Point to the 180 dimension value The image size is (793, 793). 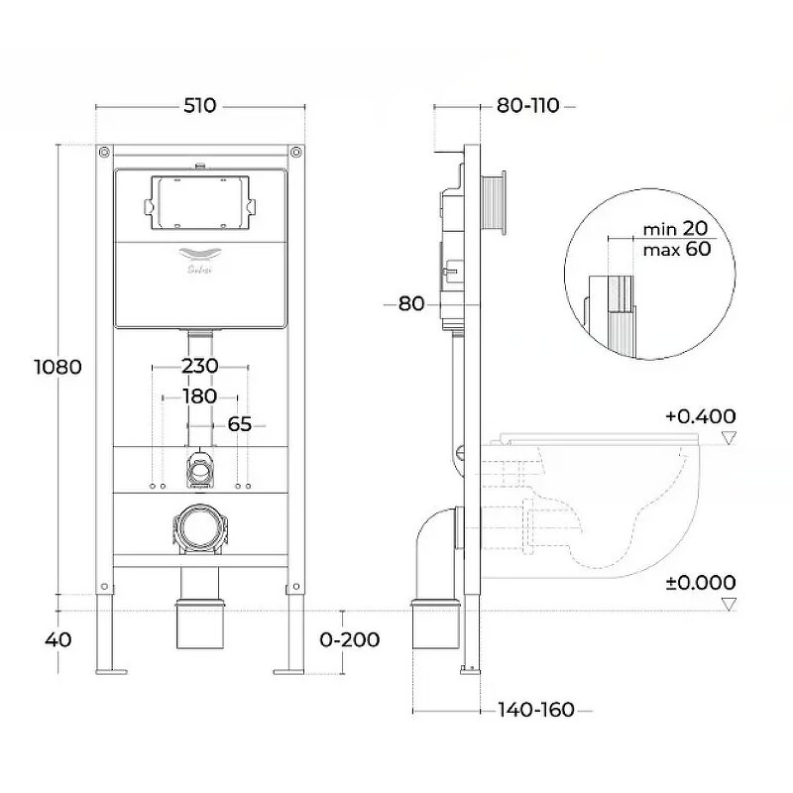(199, 396)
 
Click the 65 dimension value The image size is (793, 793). (239, 424)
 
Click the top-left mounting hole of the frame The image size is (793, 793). (104, 153)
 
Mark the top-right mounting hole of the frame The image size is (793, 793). (295, 153)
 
